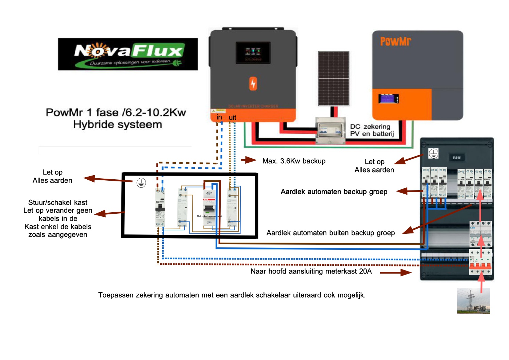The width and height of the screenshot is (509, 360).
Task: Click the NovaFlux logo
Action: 128,54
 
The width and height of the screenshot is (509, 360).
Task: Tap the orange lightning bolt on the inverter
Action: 253,83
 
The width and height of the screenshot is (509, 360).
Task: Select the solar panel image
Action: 334,79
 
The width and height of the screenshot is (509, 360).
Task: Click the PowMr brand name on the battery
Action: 395,42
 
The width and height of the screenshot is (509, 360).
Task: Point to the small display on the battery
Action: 388,99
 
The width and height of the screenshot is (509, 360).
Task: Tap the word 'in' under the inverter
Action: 219,117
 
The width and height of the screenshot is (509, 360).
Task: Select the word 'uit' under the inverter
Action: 233,118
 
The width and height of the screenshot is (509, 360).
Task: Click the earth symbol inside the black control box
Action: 141,183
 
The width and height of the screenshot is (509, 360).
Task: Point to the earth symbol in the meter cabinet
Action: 433,153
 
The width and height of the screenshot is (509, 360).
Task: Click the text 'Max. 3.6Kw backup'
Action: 294,161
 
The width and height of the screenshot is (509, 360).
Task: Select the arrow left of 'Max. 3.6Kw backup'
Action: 249,160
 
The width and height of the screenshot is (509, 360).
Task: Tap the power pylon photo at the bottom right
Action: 474,300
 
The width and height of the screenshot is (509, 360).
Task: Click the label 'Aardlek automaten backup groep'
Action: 334,192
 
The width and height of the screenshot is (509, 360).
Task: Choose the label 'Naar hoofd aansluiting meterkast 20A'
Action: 311,271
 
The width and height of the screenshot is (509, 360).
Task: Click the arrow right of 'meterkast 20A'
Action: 396,273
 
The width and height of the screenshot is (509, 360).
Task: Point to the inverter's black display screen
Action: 253,52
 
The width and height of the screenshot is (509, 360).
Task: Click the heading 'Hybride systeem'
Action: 118,125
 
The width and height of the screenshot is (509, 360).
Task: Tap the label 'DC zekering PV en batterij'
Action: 372,130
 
